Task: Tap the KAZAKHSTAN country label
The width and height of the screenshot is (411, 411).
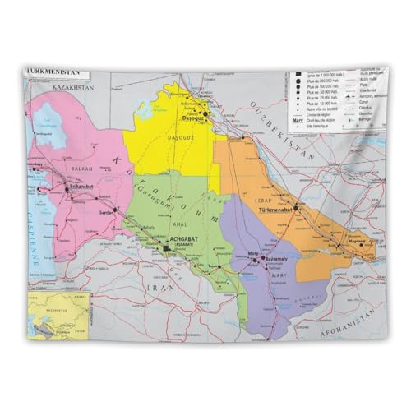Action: (x=72, y=85)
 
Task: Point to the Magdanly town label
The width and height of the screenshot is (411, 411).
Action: (x=355, y=240)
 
